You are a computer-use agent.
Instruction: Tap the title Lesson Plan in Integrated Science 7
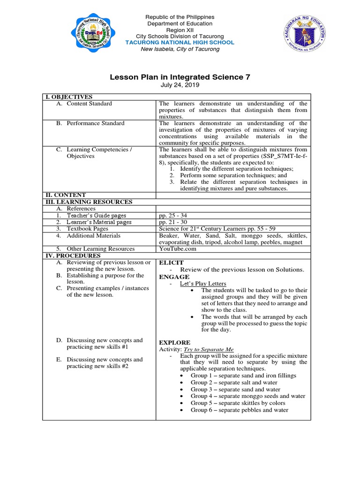180,77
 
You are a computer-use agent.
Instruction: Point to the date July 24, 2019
180,85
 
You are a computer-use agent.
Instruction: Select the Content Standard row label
89,104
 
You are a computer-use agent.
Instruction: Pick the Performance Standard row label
95,123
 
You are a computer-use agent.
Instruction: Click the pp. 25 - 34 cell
173,216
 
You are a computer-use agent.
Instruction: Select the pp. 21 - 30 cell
173,222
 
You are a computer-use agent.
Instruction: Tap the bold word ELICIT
172,262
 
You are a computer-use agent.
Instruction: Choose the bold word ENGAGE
174,277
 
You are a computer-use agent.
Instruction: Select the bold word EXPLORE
175,343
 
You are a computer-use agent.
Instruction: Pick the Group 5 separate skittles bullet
238,403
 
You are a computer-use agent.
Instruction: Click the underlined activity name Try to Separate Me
208,350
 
